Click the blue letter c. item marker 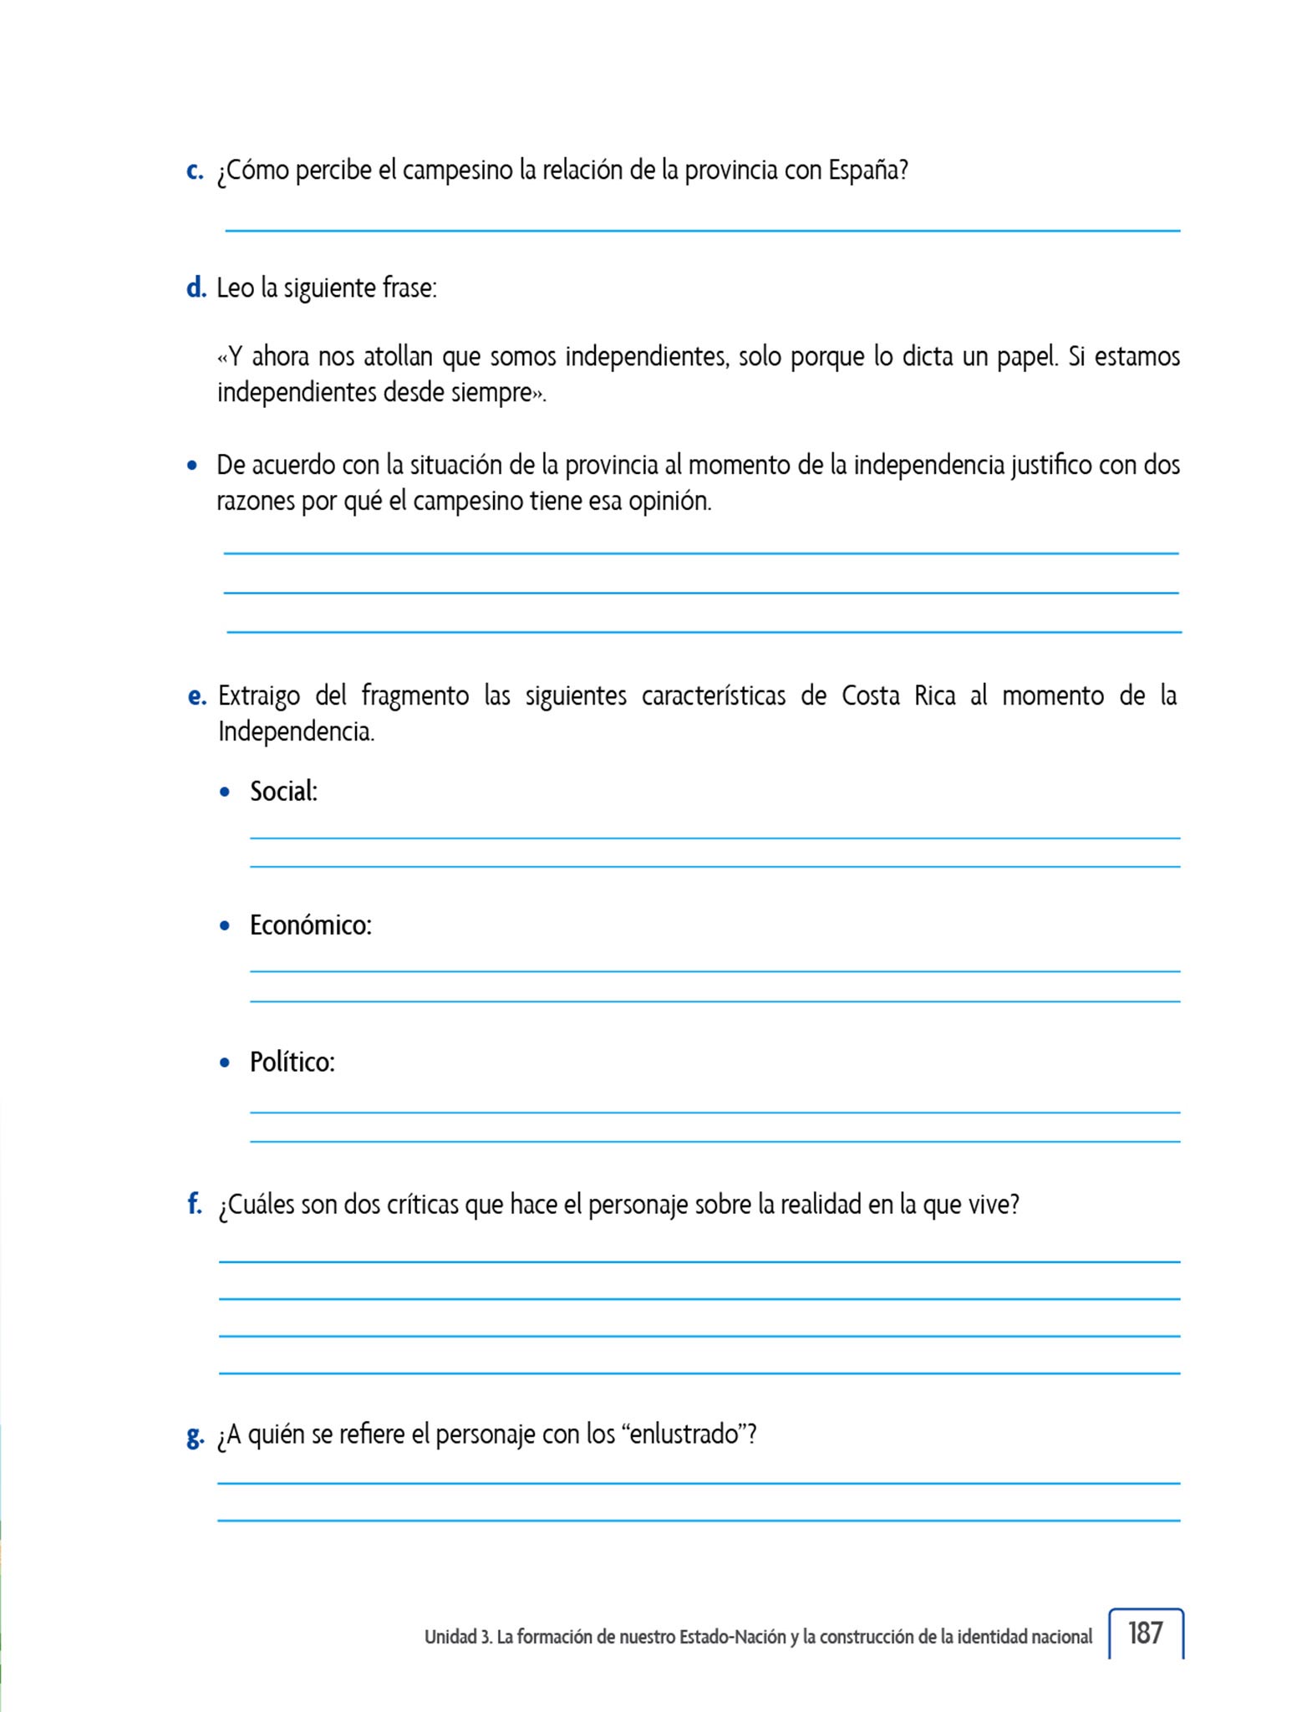coord(194,171)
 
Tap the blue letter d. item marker coord(196,288)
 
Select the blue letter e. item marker coord(196,695)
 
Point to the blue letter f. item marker coord(195,1204)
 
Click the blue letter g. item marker coord(195,1435)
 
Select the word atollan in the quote coord(398,357)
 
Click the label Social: coord(283,791)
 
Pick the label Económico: coord(310,925)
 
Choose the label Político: coord(292,1062)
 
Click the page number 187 coord(1145,1633)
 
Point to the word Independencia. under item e coord(296,731)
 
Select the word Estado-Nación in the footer coord(732,1637)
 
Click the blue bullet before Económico coord(224,926)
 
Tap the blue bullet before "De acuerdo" coord(192,465)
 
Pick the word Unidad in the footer coord(450,1637)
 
